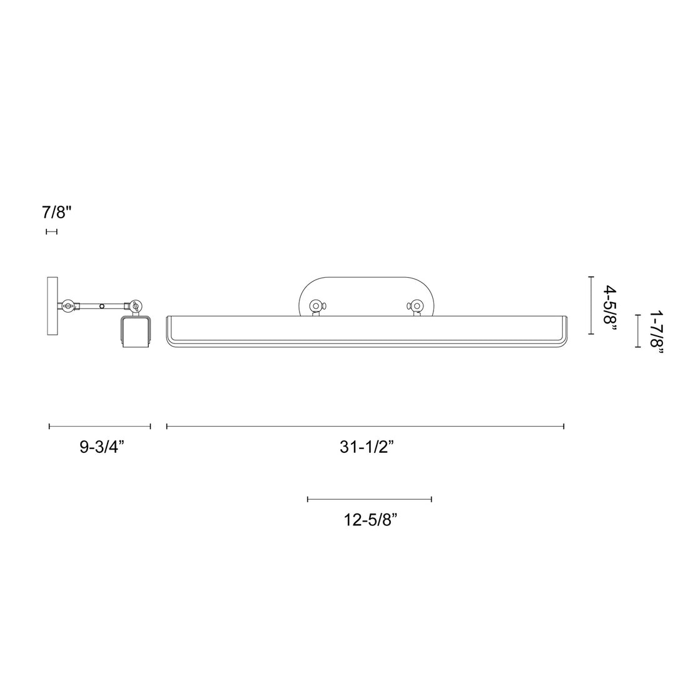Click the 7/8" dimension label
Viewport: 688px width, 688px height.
coord(58,212)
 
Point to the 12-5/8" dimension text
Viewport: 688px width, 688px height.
coord(371,520)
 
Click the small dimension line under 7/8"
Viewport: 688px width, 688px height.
coord(52,232)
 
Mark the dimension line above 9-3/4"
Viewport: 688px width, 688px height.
coord(100,427)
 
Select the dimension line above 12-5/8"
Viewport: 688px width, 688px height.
coord(370,499)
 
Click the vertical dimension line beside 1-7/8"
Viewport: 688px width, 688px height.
coord(637,331)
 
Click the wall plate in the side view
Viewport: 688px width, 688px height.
coord(52,306)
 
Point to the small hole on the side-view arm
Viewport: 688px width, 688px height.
coord(102,306)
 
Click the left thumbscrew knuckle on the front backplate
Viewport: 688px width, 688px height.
coord(316,306)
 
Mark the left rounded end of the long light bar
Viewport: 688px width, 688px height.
coord(169,331)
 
